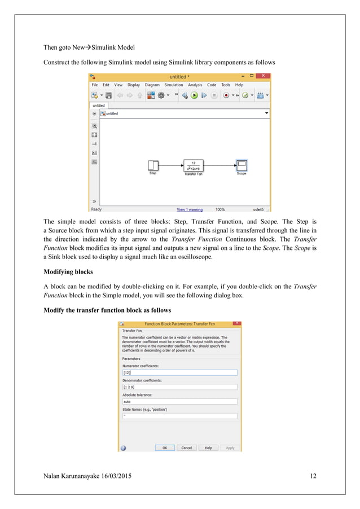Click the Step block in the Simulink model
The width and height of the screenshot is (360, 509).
tap(152, 165)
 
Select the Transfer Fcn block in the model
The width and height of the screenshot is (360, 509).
tap(193, 165)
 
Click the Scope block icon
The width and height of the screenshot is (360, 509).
tap(241, 165)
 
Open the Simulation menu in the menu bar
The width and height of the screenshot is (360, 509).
tap(173, 85)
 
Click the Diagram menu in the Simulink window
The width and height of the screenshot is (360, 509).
tap(152, 85)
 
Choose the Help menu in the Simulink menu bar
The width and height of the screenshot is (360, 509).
tap(239, 85)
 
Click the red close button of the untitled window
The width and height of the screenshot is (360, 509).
tap(264, 76)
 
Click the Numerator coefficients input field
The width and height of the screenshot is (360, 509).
tap(179, 372)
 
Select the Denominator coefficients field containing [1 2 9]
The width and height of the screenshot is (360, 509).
tap(179, 387)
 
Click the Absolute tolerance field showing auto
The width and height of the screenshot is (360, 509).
tap(179, 402)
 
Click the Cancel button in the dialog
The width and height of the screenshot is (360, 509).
tap(186, 447)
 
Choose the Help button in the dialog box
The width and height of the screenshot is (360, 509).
tap(208, 447)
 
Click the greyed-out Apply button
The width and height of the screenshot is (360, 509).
tap(230, 447)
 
